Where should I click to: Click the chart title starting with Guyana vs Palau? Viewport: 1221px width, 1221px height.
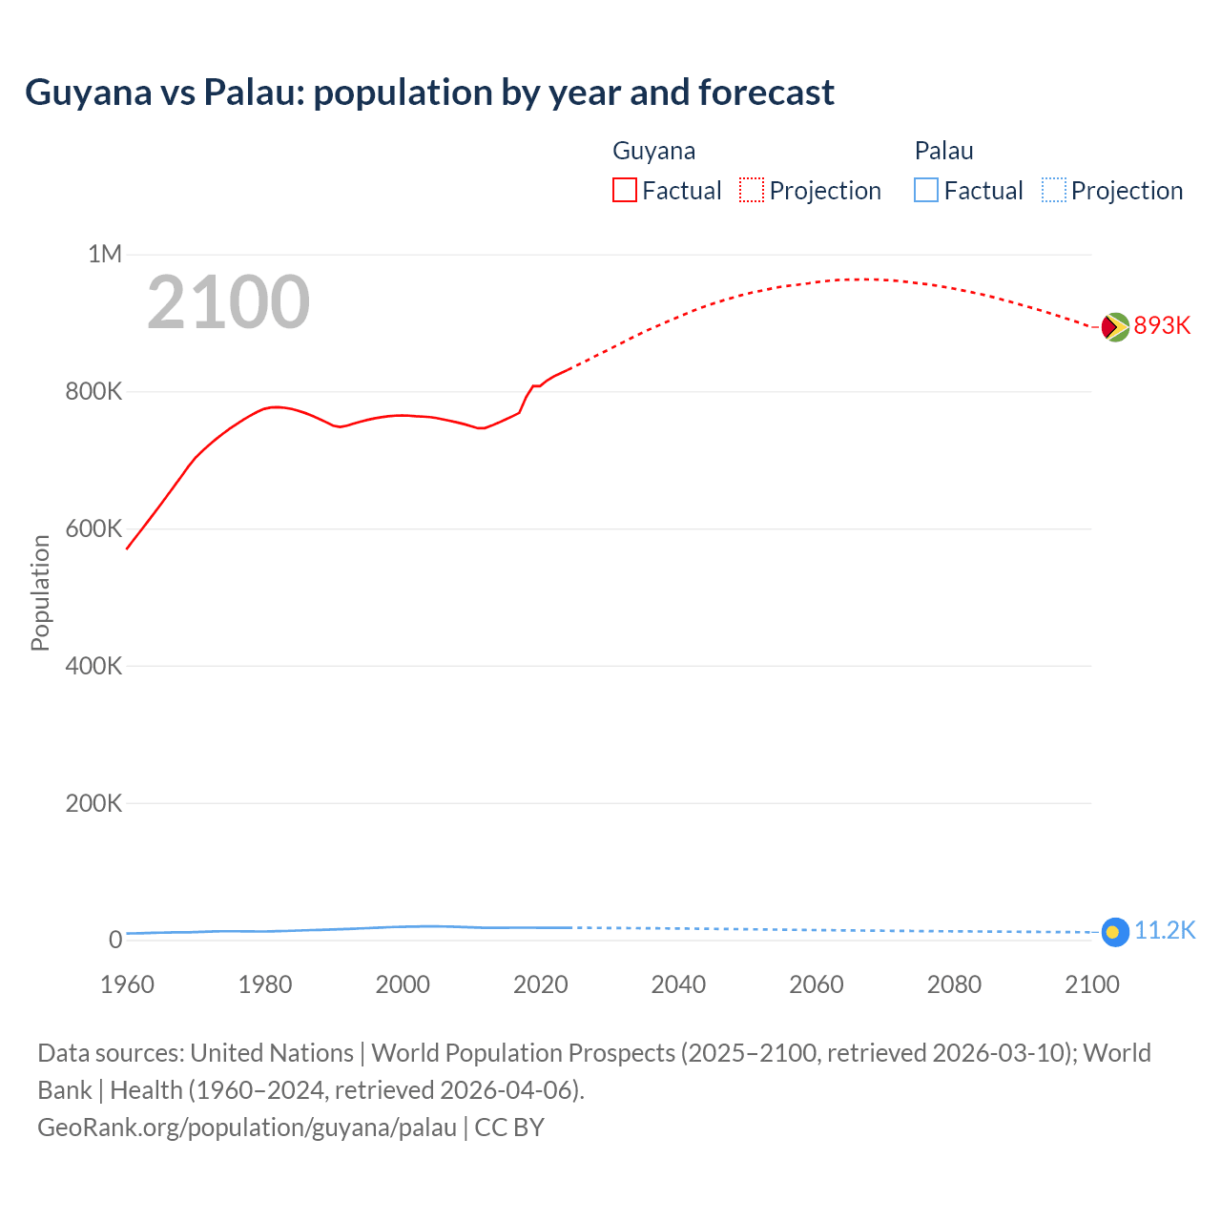(x=429, y=93)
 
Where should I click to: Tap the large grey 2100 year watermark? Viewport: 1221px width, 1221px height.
(x=229, y=302)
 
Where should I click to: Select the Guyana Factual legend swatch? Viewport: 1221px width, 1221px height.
(x=624, y=190)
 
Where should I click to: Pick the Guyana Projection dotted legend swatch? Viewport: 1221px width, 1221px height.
(x=752, y=190)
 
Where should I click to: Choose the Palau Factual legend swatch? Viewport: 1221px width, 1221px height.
(x=926, y=190)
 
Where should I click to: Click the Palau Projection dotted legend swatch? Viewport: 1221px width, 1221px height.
(x=1054, y=190)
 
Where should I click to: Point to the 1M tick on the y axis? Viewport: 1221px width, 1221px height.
(x=105, y=254)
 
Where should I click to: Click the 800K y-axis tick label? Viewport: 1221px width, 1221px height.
(x=93, y=391)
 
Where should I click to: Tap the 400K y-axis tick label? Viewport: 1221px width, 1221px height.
(x=93, y=666)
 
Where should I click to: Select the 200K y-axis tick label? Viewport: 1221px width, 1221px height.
(x=93, y=803)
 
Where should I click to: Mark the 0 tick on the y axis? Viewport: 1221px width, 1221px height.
(x=115, y=940)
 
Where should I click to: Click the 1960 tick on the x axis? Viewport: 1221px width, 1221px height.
(x=127, y=984)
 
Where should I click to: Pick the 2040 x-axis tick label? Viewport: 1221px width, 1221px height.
(x=678, y=984)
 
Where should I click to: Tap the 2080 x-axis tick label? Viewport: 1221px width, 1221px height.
(x=954, y=984)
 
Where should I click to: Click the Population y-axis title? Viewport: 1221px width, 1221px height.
(x=40, y=592)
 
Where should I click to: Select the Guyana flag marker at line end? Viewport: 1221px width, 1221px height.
(x=1115, y=327)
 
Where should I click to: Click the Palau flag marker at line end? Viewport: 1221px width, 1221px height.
(x=1115, y=932)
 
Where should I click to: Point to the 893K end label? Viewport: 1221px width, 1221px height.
(x=1162, y=325)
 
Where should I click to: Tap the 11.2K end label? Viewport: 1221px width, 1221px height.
(x=1164, y=930)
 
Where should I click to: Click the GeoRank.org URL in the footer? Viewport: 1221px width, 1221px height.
(x=247, y=1127)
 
